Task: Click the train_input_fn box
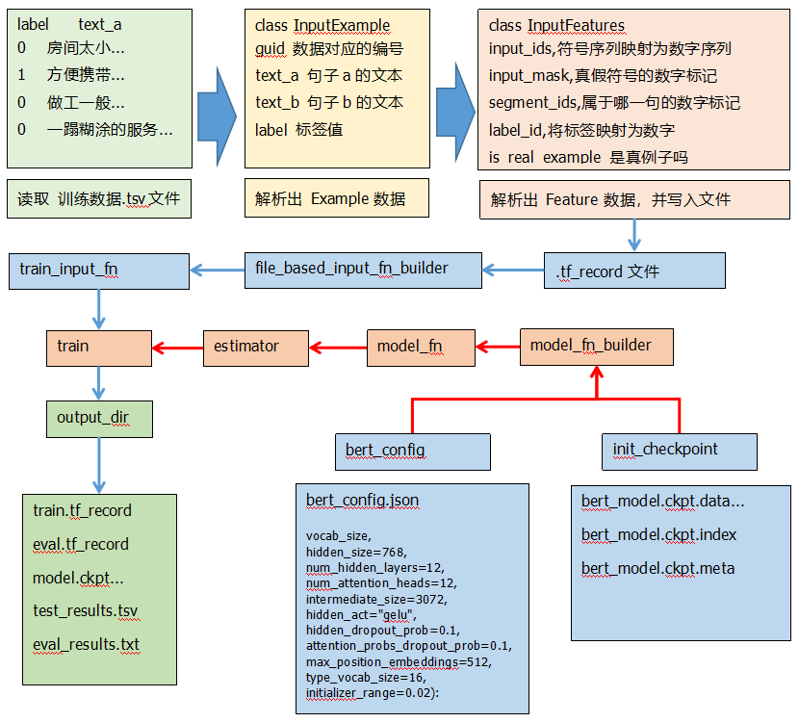click(x=99, y=270)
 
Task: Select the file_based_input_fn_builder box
click(x=362, y=269)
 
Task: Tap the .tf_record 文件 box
click(x=634, y=271)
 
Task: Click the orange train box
click(x=98, y=347)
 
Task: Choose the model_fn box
click(x=421, y=347)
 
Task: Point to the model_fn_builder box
click(x=596, y=346)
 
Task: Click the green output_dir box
click(x=98, y=418)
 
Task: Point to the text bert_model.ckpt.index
click(x=658, y=534)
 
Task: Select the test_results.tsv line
click(x=85, y=610)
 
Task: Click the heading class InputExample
click(x=322, y=26)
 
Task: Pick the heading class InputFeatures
click(x=556, y=26)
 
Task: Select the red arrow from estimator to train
click(x=177, y=347)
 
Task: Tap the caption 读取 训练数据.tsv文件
click(x=98, y=200)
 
